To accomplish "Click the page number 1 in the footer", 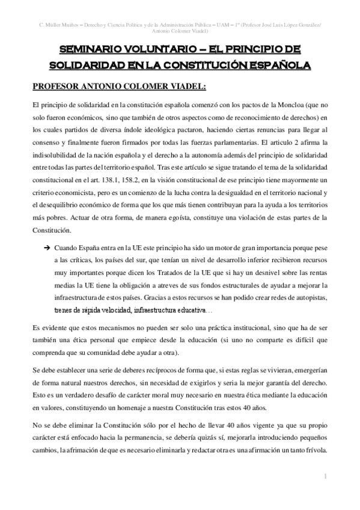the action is (x=325, y=476).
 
